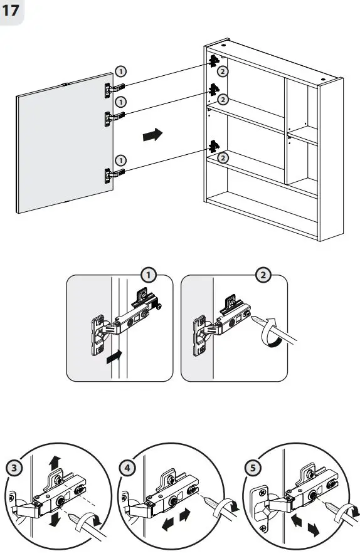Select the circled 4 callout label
point(128,467)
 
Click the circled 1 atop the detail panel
point(148,275)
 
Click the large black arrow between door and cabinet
point(152,134)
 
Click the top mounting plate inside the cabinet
point(214,60)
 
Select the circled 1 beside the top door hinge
point(120,72)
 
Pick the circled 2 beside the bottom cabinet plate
point(224,159)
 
